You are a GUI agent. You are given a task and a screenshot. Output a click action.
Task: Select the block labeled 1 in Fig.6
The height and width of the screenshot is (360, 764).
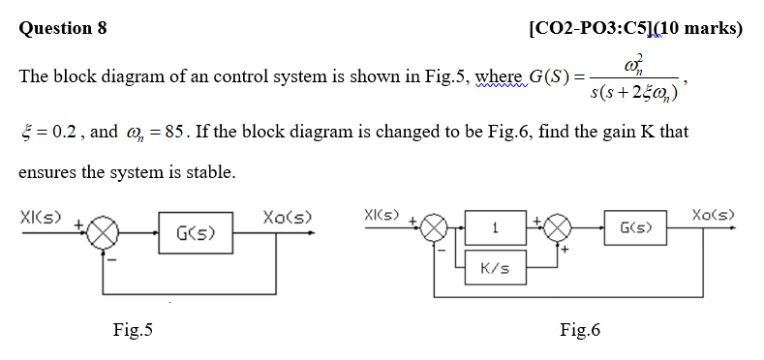click(495, 229)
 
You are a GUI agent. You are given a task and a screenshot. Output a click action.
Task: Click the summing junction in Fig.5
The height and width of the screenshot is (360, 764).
click(105, 233)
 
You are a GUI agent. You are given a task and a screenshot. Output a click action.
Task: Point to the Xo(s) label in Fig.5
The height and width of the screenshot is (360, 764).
click(287, 215)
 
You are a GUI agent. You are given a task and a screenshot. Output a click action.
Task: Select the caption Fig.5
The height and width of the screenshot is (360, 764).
click(133, 331)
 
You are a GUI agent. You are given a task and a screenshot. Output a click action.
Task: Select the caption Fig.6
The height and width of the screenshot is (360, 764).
click(580, 331)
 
